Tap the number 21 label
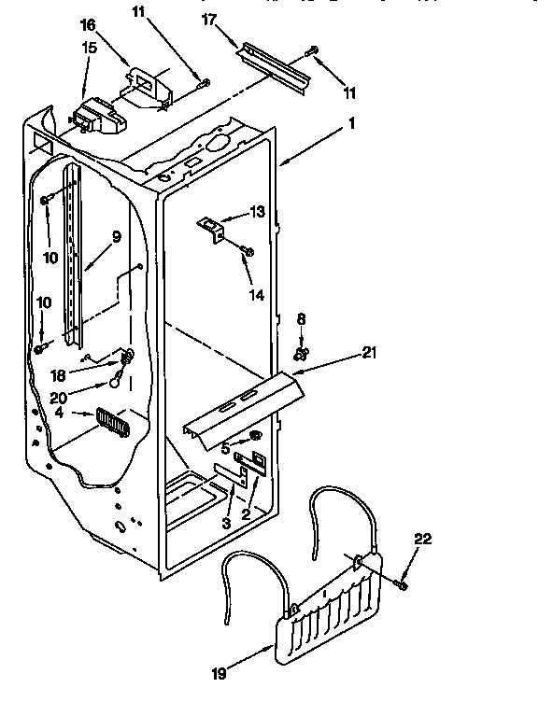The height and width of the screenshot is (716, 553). point(370,352)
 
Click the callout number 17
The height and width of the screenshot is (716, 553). point(209,18)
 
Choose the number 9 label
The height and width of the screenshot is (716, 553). point(116,237)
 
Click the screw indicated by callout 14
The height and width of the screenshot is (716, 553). point(248,249)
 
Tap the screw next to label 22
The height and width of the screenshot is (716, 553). point(401,583)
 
